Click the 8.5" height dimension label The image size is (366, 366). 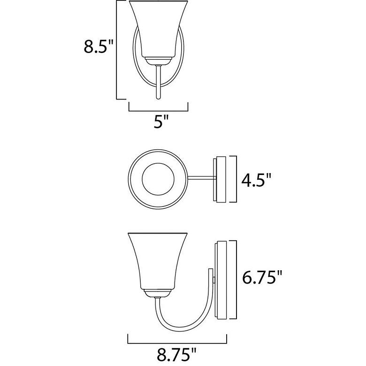[98, 46]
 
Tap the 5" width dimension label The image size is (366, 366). [161, 121]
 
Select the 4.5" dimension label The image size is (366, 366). [256, 180]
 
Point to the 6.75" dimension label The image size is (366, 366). [262, 277]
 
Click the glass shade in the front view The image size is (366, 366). [159, 29]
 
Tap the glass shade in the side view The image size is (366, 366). [158, 261]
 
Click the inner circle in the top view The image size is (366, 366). [158, 179]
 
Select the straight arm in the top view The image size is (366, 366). [201, 179]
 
